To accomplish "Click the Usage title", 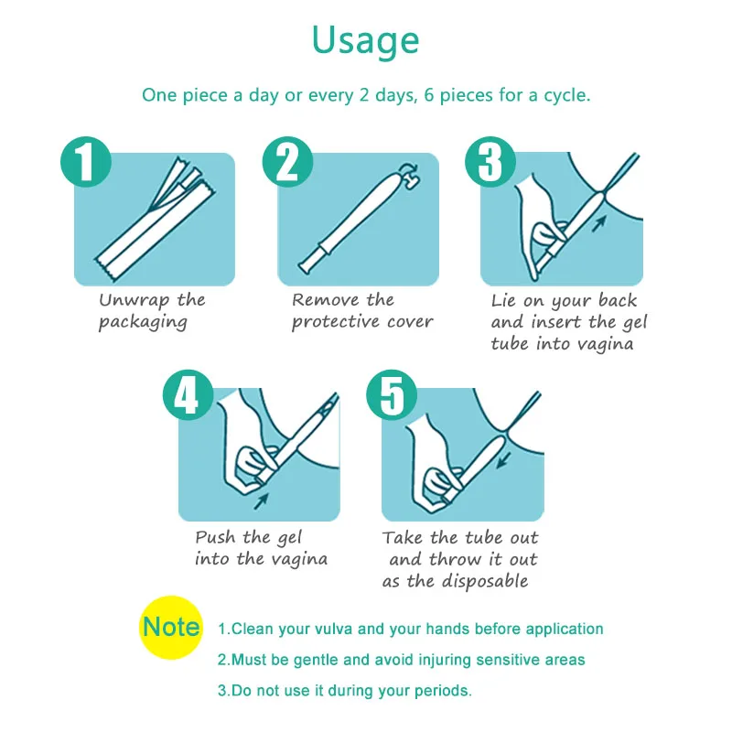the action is pos(365,41).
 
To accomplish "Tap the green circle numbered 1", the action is pos(86,162).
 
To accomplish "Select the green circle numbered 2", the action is pos(287,162).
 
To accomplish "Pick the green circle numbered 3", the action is pos(490,162).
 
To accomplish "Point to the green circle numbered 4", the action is pos(188,395).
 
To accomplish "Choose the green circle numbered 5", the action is pos(392,395).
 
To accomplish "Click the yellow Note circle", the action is pos(171,627).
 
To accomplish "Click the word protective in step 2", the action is pos(336,322).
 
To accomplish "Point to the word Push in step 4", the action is pos(215,537).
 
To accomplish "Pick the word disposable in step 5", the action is pos(485,581).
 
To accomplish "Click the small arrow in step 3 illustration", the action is pos(599,223).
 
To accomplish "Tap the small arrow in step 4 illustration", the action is pos(261,501).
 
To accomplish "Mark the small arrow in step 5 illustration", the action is pos(503,459).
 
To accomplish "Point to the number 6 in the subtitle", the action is pos(429,95).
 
